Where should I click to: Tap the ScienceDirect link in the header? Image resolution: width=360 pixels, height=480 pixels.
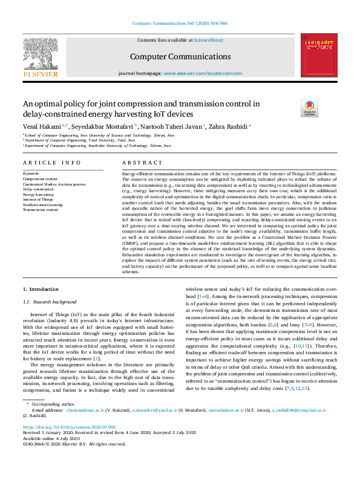208,40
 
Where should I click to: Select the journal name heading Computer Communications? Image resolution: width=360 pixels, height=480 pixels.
180,56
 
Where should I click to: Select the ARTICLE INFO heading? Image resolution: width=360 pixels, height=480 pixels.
51,163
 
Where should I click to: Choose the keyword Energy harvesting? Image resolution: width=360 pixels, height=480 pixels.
39,195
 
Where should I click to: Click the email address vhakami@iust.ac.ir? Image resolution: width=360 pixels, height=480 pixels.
82,427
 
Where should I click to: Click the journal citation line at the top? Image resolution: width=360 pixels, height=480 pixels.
180,23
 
